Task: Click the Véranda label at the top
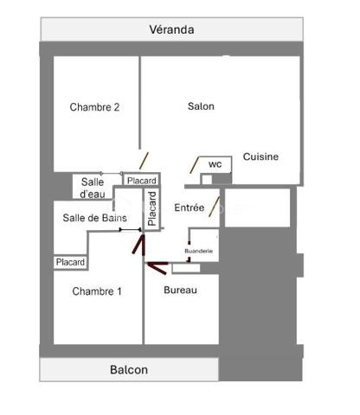(x=171, y=29)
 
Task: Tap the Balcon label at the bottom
(x=129, y=370)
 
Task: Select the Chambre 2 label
(x=94, y=107)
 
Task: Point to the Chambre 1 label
(x=96, y=291)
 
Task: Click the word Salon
(x=201, y=106)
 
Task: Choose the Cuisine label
(x=260, y=156)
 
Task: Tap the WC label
(x=215, y=163)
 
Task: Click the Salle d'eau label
(x=93, y=187)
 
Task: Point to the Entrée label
(x=190, y=208)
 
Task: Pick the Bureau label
(x=180, y=290)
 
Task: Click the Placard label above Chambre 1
(x=70, y=262)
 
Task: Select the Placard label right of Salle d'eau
(x=141, y=181)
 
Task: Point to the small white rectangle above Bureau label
(x=185, y=268)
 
